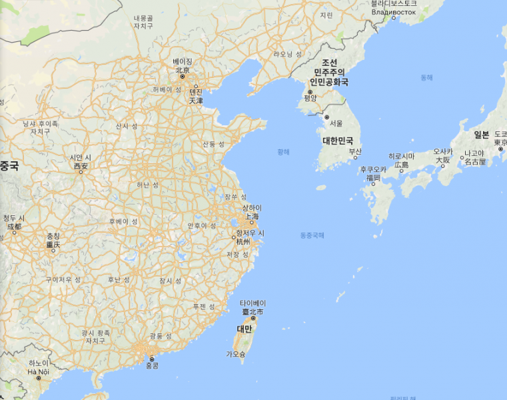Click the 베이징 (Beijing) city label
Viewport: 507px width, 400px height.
(x=182, y=61)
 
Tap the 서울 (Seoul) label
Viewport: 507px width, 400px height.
(x=336, y=123)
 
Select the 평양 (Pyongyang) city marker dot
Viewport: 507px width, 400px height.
(x=310, y=92)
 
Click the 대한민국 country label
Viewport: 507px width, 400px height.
(x=338, y=141)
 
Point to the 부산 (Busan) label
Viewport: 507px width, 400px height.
(x=354, y=151)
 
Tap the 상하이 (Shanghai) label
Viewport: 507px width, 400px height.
(x=252, y=208)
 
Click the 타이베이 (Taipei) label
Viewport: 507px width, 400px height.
(x=253, y=303)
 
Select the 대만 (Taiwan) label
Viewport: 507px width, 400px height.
(x=245, y=329)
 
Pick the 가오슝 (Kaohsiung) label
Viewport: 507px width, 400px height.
(x=235, y=353)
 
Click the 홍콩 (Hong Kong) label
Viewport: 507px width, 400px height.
(x=153, y=366)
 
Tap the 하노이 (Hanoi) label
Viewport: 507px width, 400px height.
(x=39, y=363)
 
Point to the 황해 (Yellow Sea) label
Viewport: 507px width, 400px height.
(x=284, y=152)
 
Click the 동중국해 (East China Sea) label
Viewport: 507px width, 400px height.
(x=312, y=235)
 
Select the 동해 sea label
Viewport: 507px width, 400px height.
(x=426, y=78)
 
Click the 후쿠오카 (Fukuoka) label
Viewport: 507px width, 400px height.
(x=373, y=170)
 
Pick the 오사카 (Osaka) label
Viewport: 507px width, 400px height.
(x=443, y=152)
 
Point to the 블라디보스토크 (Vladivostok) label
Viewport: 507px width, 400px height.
(x=394, y=4)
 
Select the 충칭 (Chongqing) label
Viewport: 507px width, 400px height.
(x=53, y=237)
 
